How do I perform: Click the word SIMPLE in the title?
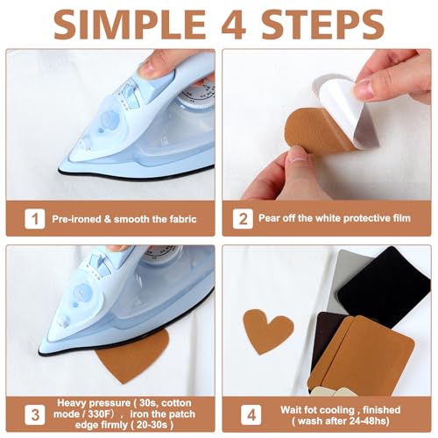pyautogui.click(x=131, y=25)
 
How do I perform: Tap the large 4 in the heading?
pyautogui.click(x=234, y=25)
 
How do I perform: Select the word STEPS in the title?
pyautogui.click(x=322, y=25)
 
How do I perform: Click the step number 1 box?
pyautogui.click(x=35, y=219)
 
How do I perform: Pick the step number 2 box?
pyautogui.click(x=243, y=219)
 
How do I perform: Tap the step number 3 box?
pyautogui.click(x=35, y=414)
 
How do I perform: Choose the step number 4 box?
pyautogui.click(x=251, y=414)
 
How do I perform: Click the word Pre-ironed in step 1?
pyautogui.click(x=76, y=219)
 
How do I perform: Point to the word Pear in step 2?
pyautogui.click(x=269, y=218)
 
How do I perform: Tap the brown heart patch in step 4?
pyautogui.click(x=268, y=330)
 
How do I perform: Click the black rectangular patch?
pyautogui.click(x=385, y=286)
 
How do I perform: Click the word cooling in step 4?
pyautogui.click(x=334, y=410)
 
